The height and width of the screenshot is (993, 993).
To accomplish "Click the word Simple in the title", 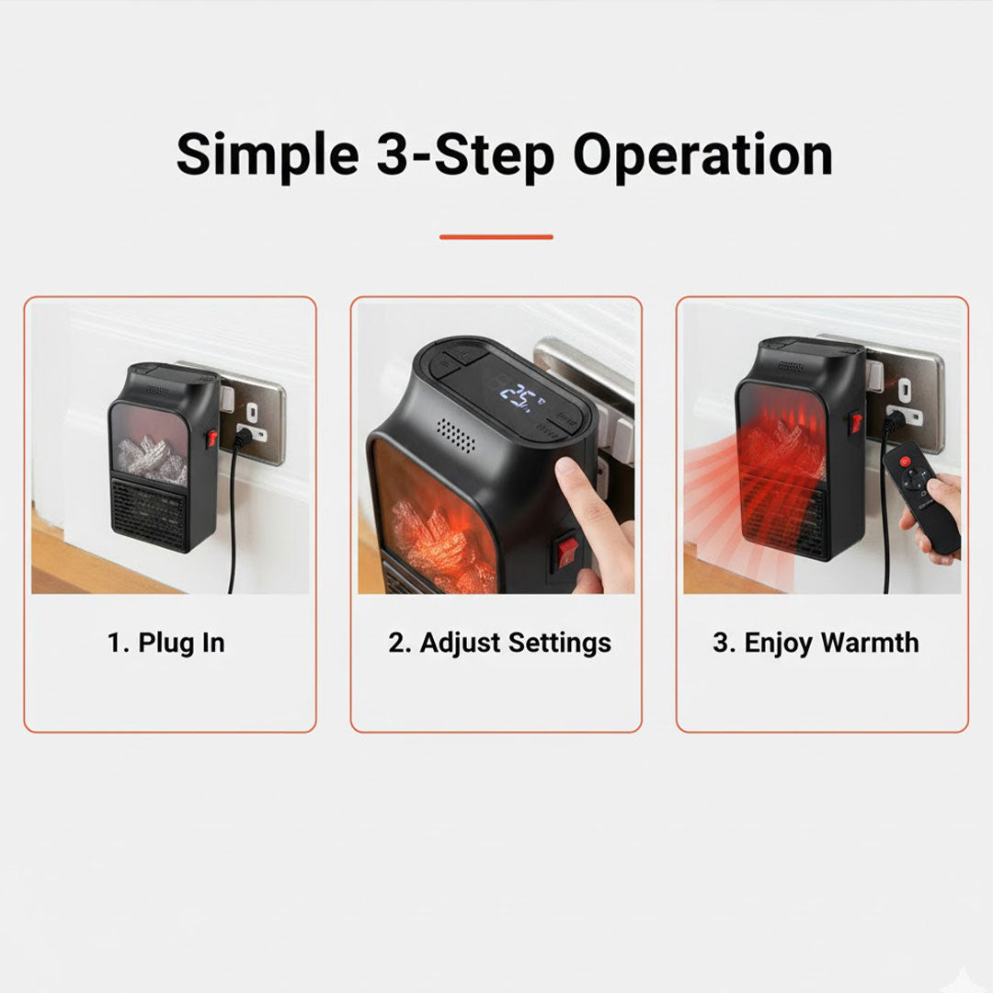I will coord(267,154).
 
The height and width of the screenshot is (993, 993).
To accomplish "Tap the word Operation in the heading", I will coord(702,154).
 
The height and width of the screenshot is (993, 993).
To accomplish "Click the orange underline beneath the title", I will coord(496,237).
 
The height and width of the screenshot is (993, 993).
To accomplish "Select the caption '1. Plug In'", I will coord(166,643).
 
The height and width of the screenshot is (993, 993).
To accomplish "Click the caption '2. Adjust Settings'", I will coord(499,643).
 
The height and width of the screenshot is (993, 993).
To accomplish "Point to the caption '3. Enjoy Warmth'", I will coord(816,643).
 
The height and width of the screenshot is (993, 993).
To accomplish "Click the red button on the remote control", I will coord(903,460).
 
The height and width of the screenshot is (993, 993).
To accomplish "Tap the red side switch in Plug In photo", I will coord(212,437).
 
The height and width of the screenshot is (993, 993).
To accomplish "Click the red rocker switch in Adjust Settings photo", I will coord(567,551).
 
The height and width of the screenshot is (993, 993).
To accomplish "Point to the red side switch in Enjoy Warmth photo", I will coord(855,422).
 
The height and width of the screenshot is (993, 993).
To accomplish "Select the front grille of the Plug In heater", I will coord(150,518).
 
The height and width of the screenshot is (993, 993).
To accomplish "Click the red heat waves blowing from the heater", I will coord(713,496).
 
